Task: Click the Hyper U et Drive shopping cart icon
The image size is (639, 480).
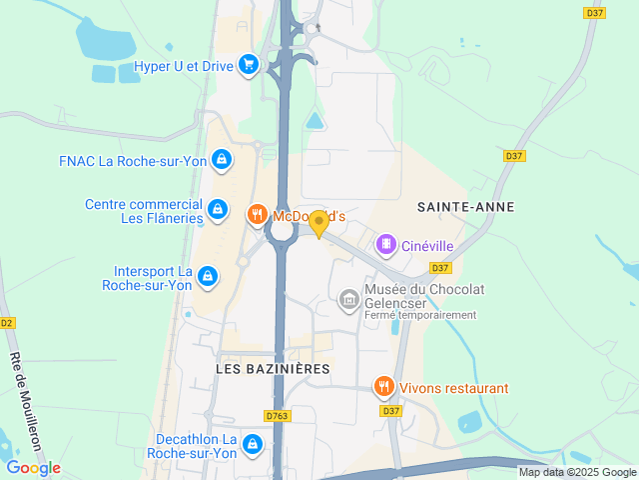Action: (x=249, y=66)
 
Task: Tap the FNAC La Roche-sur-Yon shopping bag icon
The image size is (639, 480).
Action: (x=222, y=159)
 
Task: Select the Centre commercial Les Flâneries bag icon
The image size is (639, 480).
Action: (x=217, y=209)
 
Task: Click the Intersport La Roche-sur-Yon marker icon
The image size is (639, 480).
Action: (x=207, y=275)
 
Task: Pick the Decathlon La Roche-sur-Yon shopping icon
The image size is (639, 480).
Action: (x=253, y=443)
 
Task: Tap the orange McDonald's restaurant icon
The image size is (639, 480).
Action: (x=257, y=214)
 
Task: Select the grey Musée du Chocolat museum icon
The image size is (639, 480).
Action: (x=349, y=298)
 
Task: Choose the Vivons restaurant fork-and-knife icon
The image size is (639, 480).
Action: (x=383, y=387)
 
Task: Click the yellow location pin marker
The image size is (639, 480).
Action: (x=319, y=223)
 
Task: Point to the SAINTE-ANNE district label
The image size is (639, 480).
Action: (x=466, y=207)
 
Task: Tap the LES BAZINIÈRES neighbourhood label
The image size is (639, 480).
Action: (x=273, y=369)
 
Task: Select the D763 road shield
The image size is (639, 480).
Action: (x=277, y=416)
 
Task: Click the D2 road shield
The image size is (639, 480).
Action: (x=7, y=323)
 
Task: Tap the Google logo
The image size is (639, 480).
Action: (x=33, y=468)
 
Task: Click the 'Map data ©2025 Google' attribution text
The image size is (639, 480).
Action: (x=577, y=472)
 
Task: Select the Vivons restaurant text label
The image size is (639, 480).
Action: (x=454, y=388)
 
